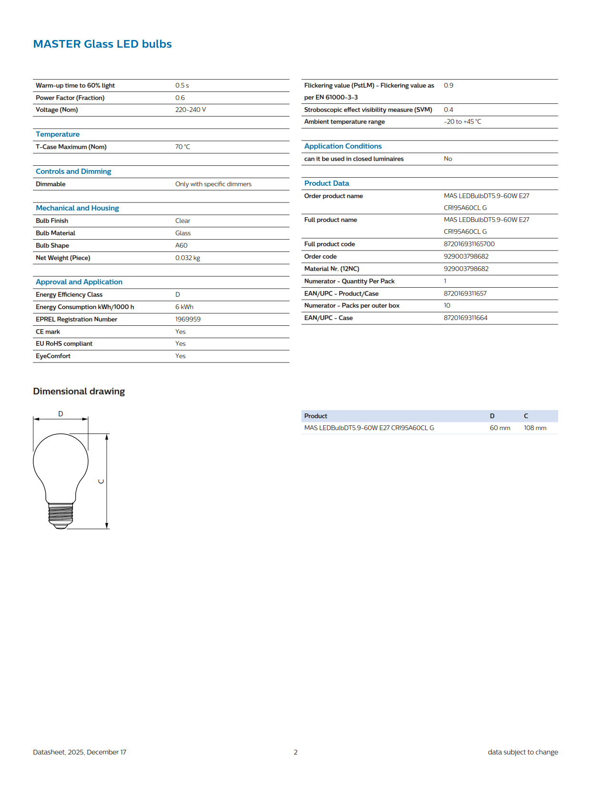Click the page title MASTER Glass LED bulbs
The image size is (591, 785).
coord(102,44)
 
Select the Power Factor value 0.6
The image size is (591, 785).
coord(180,98)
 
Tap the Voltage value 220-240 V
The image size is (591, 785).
coord(190,110)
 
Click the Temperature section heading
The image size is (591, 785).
coord(58,134)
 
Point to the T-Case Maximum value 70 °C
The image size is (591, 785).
coord(182,147)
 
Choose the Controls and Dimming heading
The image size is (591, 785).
coord(73,171)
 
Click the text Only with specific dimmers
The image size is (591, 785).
coord(213,184)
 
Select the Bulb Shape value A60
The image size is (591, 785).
coord(181,245)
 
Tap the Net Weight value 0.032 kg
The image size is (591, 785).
coord(187,258)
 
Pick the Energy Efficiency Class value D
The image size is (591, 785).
coord(177,294)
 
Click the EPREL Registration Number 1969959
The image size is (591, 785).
coord(187,319)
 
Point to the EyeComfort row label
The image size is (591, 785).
coord(53,356)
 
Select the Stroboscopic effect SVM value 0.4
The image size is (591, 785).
coord(448,110)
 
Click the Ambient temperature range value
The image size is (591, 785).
coord(462,121)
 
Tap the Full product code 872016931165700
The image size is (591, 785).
coord(469,244)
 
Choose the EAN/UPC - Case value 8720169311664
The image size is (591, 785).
coord(465,318)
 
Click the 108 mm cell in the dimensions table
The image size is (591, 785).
coord(535,428)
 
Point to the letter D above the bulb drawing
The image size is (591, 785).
coord(61,413)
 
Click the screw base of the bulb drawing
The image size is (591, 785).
coord(61,514)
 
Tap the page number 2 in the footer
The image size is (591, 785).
coord(295,752)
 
